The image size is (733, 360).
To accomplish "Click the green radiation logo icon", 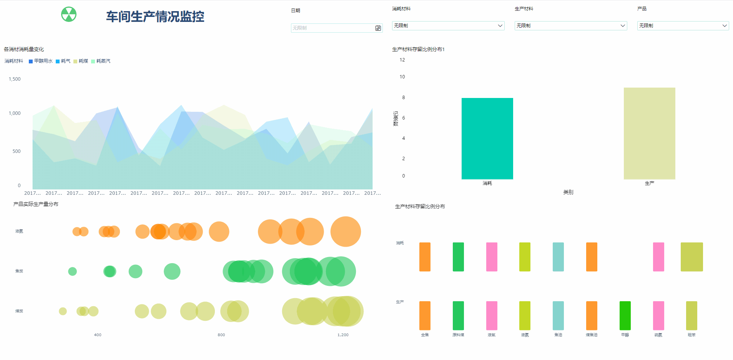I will [69, 14].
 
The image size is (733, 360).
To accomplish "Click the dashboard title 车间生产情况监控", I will [155, 17].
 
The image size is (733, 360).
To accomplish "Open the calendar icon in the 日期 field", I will [378, 28].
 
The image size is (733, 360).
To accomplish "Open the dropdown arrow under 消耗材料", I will [500, 26].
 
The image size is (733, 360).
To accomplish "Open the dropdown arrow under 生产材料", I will [623, 26].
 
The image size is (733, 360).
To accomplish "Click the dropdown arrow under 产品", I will [724, 26].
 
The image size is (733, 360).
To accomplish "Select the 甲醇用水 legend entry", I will [41, 61].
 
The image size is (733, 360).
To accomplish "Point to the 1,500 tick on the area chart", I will [15, 79].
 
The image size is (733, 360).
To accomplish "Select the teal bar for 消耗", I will [487, 138].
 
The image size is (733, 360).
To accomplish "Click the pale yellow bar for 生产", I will [649, 133].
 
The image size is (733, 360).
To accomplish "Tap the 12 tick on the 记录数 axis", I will [402, 60].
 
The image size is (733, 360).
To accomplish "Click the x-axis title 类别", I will [568, 192].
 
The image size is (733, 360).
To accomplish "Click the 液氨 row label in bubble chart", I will [19, 231].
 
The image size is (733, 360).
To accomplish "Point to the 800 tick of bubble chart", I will [221, 335].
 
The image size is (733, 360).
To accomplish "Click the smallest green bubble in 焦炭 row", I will [72, 271].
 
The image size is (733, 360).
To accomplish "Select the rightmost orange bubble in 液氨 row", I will [346, 232].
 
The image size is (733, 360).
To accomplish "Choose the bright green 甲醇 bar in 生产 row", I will [625, 315].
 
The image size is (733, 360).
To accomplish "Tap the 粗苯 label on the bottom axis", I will [691, 335].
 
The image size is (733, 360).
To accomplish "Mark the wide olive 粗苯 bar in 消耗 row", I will [691, 257].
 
